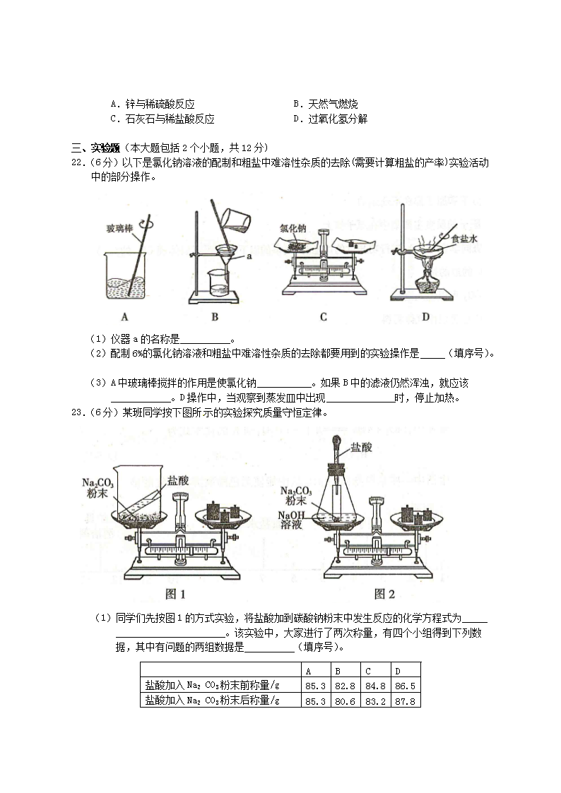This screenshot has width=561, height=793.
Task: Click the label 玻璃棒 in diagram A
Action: click(119, 229)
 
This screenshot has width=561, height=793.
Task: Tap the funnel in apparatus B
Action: click(226, 256)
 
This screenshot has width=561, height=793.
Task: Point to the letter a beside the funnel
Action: click(249, 256)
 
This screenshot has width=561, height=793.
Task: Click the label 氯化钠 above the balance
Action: click(293, 229)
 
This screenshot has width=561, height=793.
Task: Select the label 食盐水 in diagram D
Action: click(464, 239)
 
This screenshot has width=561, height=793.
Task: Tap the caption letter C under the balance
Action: click(324, 317)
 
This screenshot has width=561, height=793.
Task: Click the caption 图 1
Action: click(175, 594)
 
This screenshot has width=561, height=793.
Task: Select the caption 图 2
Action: click(384, 594)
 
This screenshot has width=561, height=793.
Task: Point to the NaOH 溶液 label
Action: click(291, 520)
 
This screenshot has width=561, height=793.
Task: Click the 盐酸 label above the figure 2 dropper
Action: click(361, 447)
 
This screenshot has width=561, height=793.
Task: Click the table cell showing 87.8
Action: click(405, 701)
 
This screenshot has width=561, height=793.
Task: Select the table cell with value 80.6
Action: click(345, 701)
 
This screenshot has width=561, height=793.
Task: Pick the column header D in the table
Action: click(398, 672)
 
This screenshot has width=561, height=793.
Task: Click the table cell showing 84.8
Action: click(375, 686)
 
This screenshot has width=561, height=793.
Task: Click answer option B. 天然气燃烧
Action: click(326, 105)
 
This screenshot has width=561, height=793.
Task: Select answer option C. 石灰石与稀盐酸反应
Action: click(163, 119)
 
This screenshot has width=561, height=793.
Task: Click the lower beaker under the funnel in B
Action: click(219, 282)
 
